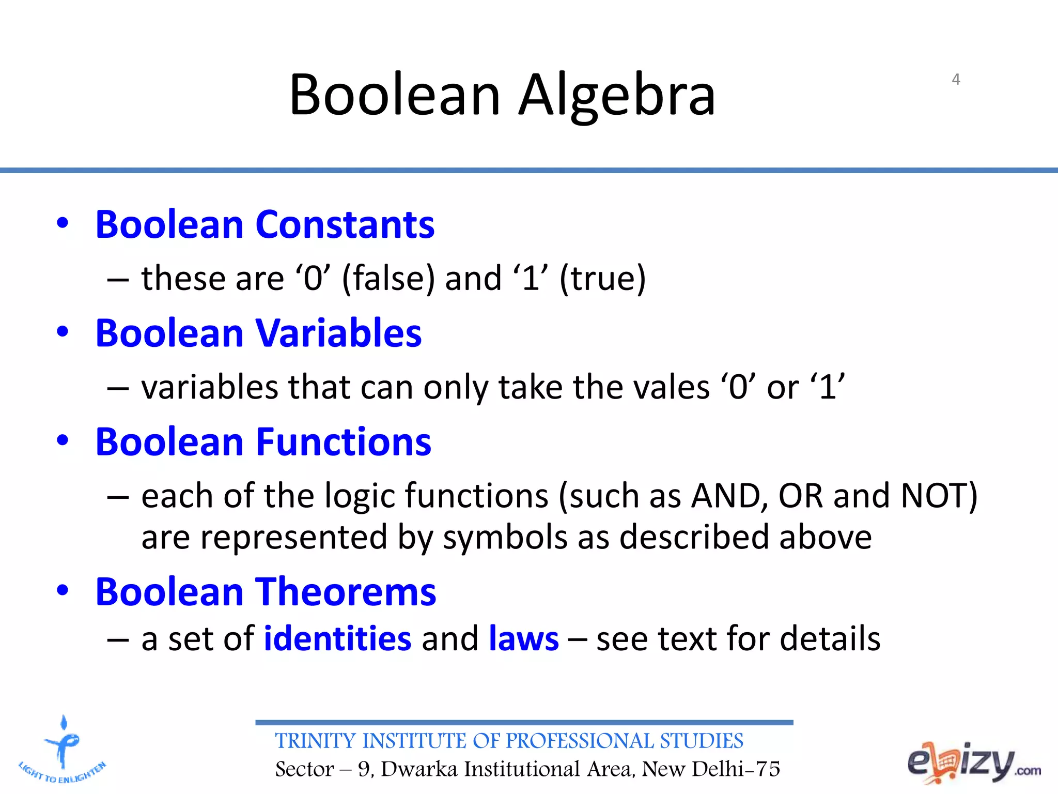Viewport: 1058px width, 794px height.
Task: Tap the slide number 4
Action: click(x=956, y=79)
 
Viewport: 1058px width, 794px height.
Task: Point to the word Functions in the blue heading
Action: click(x=344, y=442)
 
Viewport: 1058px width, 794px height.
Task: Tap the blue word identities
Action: click(x=337, y=638)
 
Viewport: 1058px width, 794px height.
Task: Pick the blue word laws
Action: click(x=523, y=638)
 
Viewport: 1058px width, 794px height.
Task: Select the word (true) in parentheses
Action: click(x=602, y=279)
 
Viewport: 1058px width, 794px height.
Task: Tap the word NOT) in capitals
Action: click(x=939, y=496)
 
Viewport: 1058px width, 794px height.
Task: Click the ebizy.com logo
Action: click(x=973, y=763)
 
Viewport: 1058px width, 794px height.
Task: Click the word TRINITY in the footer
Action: click(x=316, y=741)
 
